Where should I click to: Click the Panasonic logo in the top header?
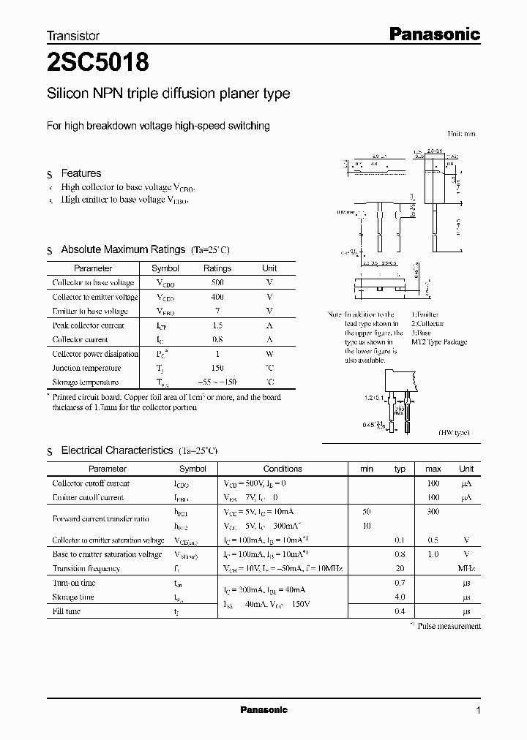click(433, 34)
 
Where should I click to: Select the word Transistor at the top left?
click(73, 35)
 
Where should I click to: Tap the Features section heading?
click(81, 173)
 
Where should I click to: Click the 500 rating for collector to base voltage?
click(217, 282)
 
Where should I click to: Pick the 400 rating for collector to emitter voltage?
click(217, 297)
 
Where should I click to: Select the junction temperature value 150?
click(217, 368)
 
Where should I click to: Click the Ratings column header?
click(217, 268)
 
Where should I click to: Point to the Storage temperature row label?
click(85, 382)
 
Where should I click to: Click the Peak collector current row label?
click(89, 325)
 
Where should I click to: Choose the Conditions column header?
click(282, 469)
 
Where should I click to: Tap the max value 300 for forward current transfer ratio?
click(433, 511)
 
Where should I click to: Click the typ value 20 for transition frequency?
click(400, 568)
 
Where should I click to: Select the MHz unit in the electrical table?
click(466, 568)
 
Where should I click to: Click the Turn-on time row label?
click(74, 583)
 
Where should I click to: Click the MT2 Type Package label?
click(438, 342)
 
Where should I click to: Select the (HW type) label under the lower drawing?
click(455, 433)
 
